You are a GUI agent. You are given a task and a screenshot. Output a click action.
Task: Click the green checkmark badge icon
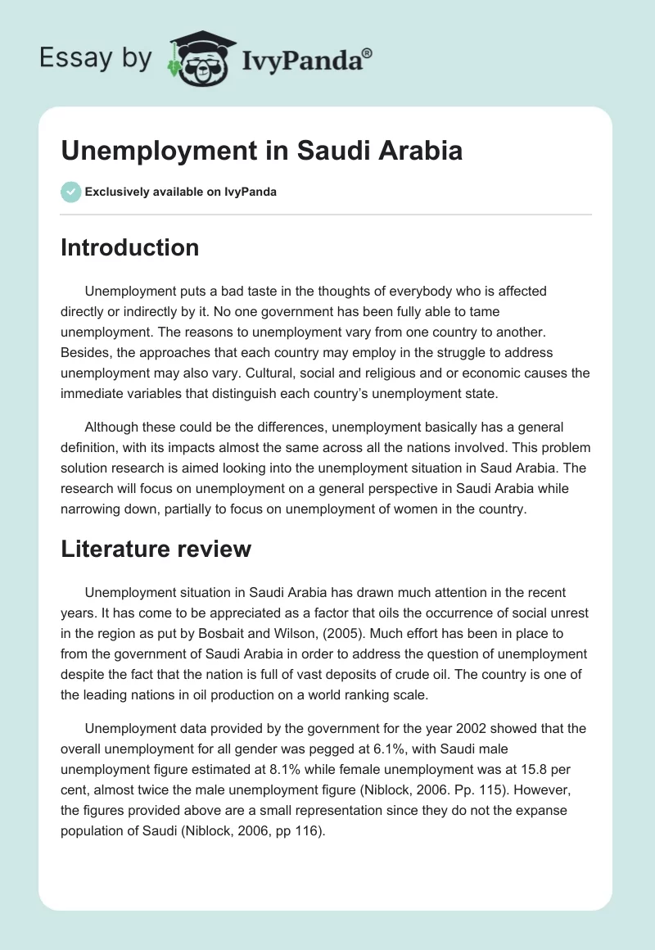(70, 192)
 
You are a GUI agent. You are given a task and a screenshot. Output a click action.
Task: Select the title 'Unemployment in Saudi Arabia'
(261, 151)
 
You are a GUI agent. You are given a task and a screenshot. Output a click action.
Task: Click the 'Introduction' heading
(129, 247)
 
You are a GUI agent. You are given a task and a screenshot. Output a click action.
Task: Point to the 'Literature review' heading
(156, 550)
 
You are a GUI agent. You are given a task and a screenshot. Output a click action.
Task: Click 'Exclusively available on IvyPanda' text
(181, 192)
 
